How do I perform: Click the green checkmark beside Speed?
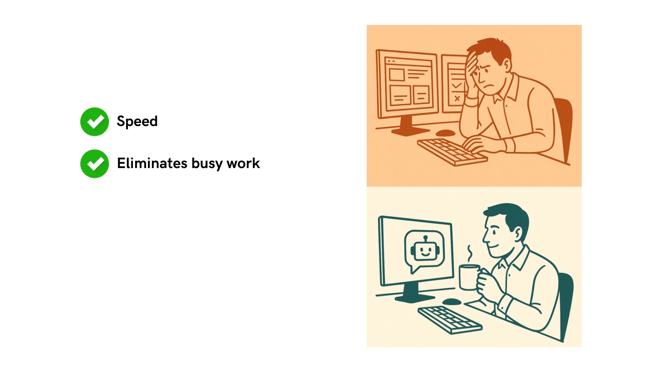click(x=94, y=122)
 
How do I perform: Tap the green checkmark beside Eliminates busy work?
click(x=94, y=164)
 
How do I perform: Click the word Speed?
click(x=137, y=121)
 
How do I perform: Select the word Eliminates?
click(x=152, y=163)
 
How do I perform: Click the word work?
click(x=243, y=163)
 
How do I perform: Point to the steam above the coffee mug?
click(x=469, y=254)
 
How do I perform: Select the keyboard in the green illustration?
click(x=450, y=320)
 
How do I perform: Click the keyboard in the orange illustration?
click(x=452, y=152)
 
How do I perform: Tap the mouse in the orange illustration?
click(x=445, y=133)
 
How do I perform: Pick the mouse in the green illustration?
click(x=451, y=302)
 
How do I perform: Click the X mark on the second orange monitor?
click(x=457, y=99)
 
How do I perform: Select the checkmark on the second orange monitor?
click(x=457, y=85)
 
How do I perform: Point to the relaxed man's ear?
click(x=517, y=234)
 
